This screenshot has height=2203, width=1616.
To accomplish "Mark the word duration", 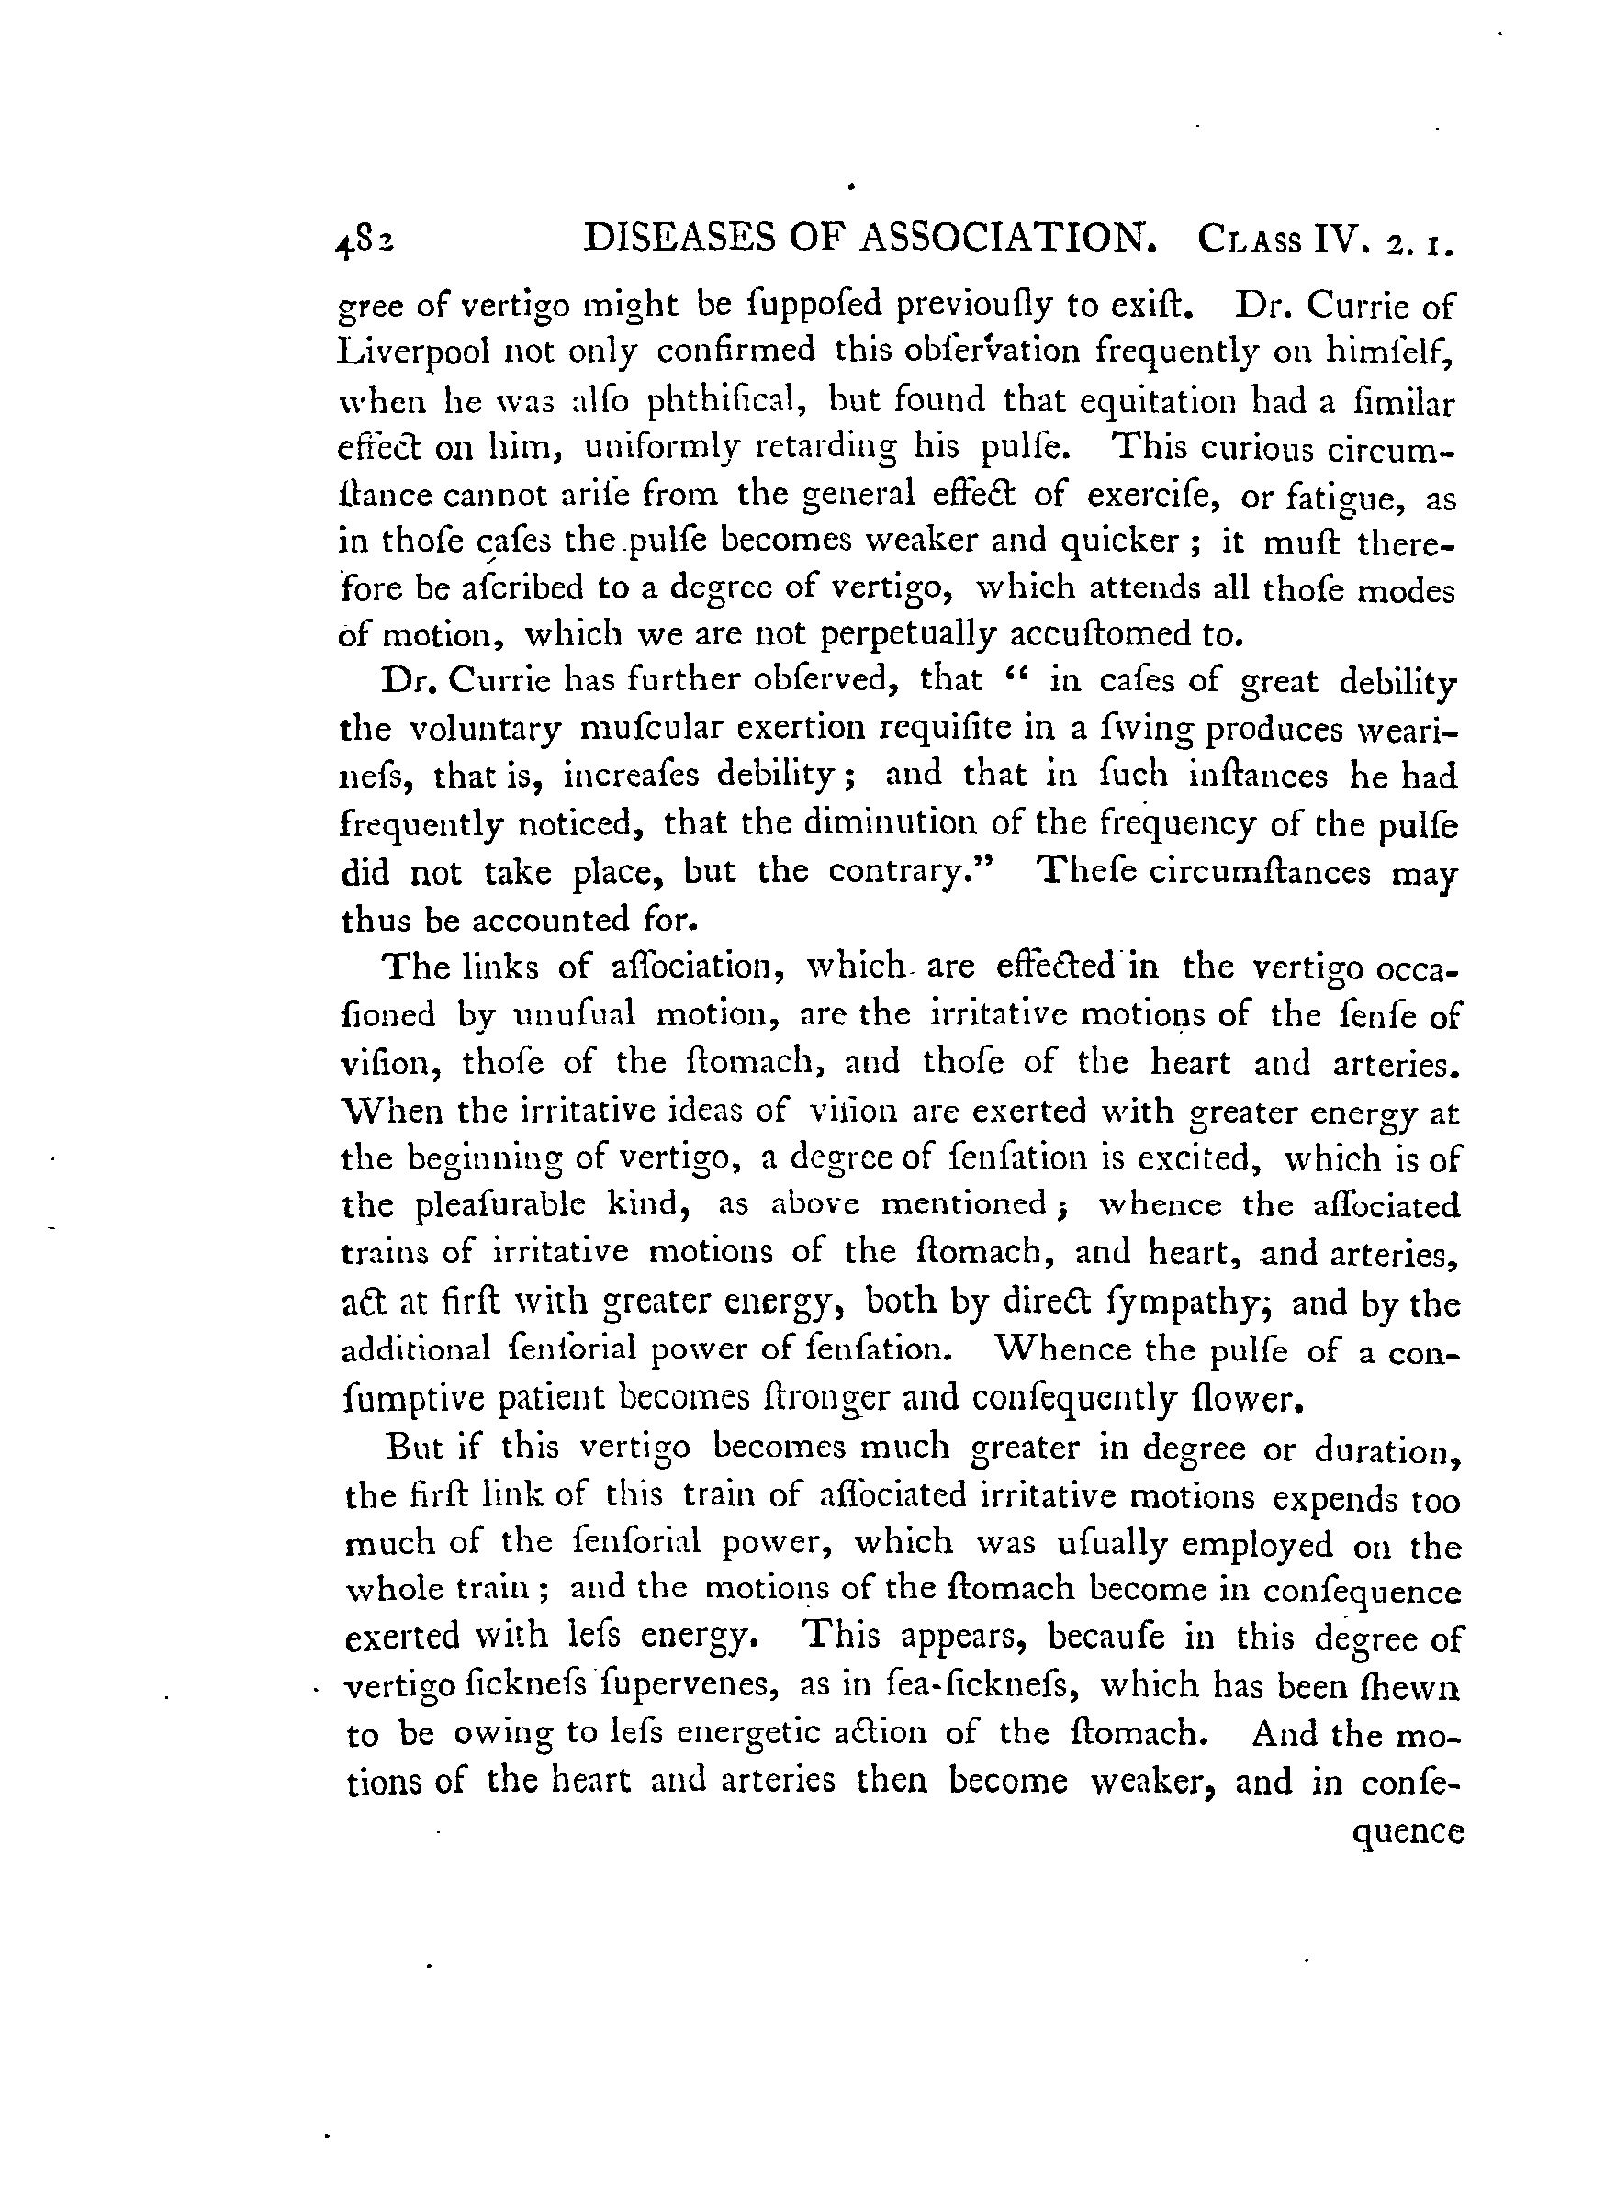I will click(1386, 1448).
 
